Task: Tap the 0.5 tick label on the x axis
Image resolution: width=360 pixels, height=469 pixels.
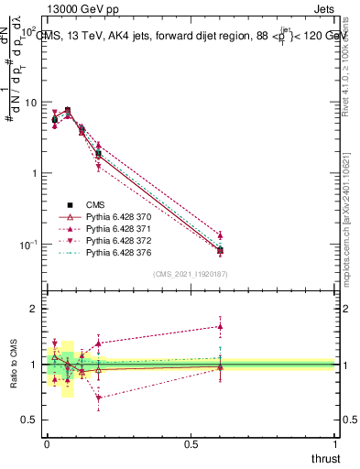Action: click(191, 444)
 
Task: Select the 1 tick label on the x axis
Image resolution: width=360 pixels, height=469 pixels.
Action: click(334, 444)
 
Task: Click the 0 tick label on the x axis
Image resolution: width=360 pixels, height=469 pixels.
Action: click(47, 444)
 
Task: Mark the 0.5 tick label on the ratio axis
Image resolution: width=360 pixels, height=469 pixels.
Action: click(28, 420)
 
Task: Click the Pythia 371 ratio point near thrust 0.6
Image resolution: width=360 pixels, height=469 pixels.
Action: click(220, 326)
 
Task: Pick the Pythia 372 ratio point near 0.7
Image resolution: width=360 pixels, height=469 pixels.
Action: click(98, 398)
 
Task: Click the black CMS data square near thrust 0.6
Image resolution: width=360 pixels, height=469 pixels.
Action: click(220, 250)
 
